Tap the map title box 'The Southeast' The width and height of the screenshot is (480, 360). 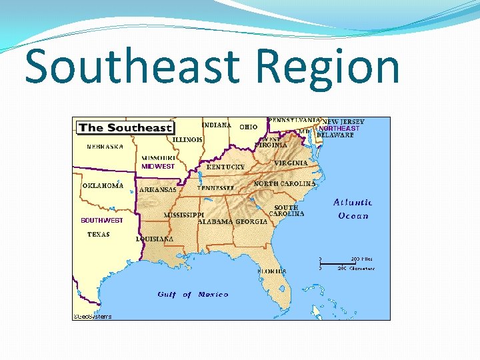tap(125, 127)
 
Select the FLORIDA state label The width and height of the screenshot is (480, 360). tap(272, 271)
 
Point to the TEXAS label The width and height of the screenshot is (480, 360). tap(99, 235)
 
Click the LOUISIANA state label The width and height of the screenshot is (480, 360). tap(155, 239)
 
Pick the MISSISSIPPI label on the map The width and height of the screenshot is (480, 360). tap(184, 215)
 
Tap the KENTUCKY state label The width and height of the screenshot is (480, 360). tap(225, 167)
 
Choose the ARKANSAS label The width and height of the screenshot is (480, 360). tap(158, 189)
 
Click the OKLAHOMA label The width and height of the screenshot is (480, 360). tap(103, 186)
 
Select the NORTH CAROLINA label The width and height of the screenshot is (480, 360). tap(285, 183)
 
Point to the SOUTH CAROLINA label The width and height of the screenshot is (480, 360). tap(287, 211)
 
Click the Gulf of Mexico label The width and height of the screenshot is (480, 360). tap(193, 294)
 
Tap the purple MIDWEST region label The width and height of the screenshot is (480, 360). tap(158, 167)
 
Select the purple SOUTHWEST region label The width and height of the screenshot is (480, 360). tap(102, 220)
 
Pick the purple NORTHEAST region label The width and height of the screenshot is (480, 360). tap(339, 128)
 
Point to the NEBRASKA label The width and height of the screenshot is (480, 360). tap(105, 147)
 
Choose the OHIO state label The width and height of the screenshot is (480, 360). tap(249, 126)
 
